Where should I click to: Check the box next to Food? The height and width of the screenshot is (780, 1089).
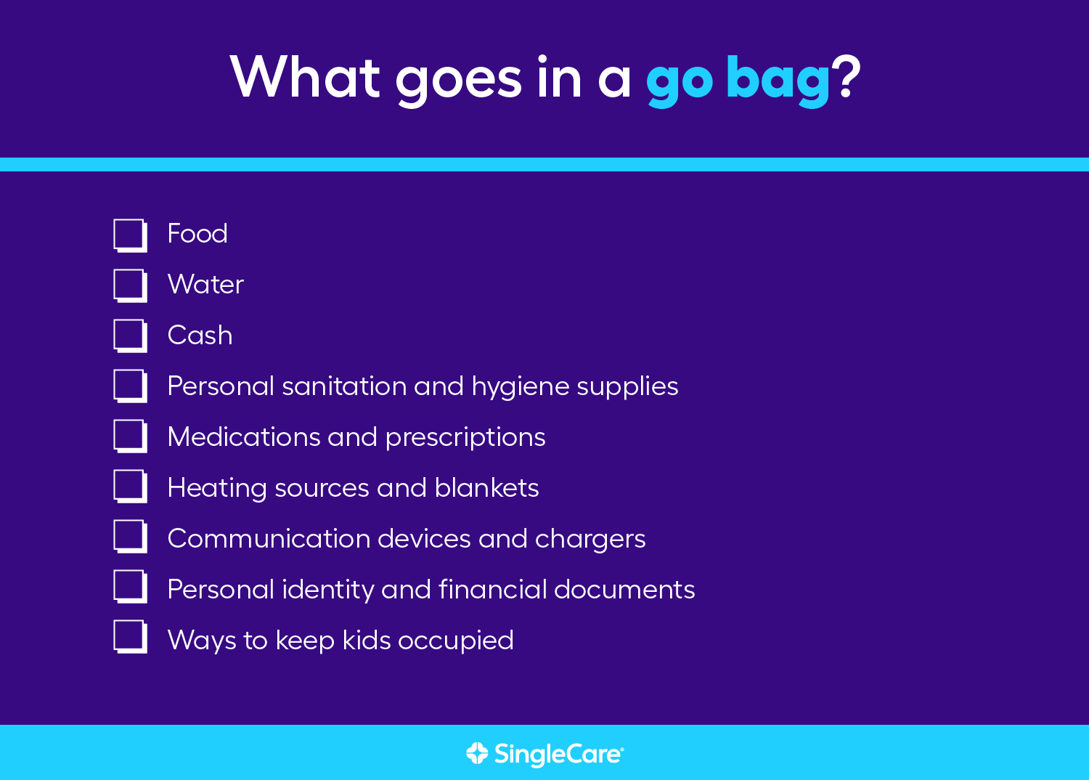[x=130, y=236]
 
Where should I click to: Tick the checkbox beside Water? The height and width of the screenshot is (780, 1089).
[x=130, y=286]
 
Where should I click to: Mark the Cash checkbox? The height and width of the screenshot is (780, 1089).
[x=130, y=336]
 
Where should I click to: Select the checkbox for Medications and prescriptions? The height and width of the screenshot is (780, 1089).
[x=130, y=436]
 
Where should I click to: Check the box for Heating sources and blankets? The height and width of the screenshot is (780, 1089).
[x=130, y=487]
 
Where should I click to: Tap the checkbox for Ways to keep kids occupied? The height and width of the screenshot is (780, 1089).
[x=130, y=636]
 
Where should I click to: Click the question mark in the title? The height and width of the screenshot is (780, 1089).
[x=846, y=76]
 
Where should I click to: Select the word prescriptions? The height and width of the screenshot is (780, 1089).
[x=465, y=438]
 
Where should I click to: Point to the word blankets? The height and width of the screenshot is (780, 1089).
[x=486, y=487]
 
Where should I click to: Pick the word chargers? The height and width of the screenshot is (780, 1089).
[x=590, y=540]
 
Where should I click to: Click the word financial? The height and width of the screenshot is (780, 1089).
[x=492, y=589]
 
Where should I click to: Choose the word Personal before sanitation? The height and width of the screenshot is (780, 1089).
[x=221, y=386]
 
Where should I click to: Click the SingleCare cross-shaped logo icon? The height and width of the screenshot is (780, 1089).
[x=477, y=753]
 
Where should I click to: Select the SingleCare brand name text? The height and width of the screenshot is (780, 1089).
[x=559, y=755]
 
